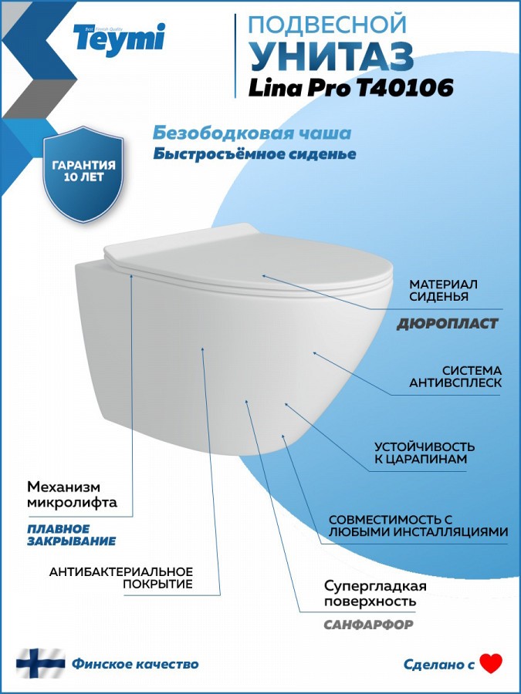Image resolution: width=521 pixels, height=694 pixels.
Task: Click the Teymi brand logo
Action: [x=119, y=39]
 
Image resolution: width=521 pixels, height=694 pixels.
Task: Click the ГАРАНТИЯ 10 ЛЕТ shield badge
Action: [x=83, y=174]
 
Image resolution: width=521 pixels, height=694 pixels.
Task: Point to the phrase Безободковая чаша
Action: [x=252, y=133]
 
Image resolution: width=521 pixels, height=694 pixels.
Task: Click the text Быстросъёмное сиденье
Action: [x=255, y=153]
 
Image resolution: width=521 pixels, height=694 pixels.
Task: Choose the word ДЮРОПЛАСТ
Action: [x=448, y=324]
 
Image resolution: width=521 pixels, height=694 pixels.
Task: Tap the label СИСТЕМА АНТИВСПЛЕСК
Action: [x=455, y=376]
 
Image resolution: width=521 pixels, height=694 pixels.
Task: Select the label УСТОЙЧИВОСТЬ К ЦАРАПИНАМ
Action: [x=425, y=453]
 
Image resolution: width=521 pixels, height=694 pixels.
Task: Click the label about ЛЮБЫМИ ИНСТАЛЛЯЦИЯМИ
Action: [x=418, y=525]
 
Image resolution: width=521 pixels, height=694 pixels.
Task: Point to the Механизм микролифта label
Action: [x=73, y=494]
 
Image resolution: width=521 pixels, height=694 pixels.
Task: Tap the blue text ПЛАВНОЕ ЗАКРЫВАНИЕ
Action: [x=71, y=534]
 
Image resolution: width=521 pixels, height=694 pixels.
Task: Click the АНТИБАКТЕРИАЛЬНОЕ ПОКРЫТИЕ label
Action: [x=121, y=578]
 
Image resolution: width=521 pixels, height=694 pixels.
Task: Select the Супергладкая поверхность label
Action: [x=375, y=593]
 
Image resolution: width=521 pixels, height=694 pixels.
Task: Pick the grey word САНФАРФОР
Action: [x=369, y=625]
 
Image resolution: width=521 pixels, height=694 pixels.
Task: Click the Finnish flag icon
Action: [x=41, y=663]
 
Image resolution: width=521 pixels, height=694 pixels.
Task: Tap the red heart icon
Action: [x=491, y=663]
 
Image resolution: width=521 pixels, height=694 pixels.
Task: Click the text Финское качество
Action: [x=135, y=664]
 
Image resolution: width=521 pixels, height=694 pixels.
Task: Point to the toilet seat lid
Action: [x=248, y=258]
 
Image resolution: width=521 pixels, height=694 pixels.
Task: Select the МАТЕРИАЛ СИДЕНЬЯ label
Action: [x=443, y=291]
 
